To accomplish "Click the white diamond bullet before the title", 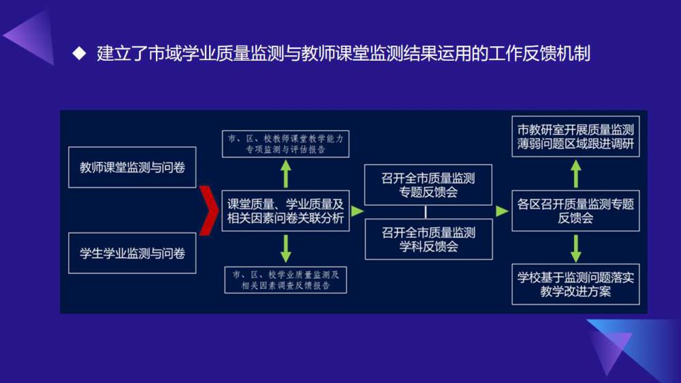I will pyautogui.click(x=79, y=53).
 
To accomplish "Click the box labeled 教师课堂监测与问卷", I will pyautogui.click(x=132, y=166).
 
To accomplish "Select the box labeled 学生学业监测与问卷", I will pyautogui.click(x=132, y=253).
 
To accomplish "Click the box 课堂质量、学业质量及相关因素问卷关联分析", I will pyautogui.click(x=285, y=211).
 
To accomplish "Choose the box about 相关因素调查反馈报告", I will pyautogui.click(x=285, y=279).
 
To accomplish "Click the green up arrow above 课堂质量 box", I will pyautogui.click(x=285, y=174).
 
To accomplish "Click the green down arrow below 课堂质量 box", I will pyautogui.click(x=285, y=247).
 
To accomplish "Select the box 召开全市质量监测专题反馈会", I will pyautogui.click(x=428, y=185).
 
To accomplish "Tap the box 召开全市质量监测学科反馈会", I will pyautogui.click(x=428, y=239).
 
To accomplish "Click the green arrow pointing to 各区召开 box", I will pyautogui.click(x=502, y=211).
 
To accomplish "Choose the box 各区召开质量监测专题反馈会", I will pyautogui.click(x=575, y=211).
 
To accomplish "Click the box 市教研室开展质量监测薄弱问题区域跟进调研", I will pyautogui.click(x=575, y=136).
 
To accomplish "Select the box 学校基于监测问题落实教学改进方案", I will pyautogui.click(x=575, y=284).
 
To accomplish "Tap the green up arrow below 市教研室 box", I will pyautogui.click(x=576, y=174).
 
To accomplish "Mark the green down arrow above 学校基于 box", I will pyautogui.click(x=576, y=248).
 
